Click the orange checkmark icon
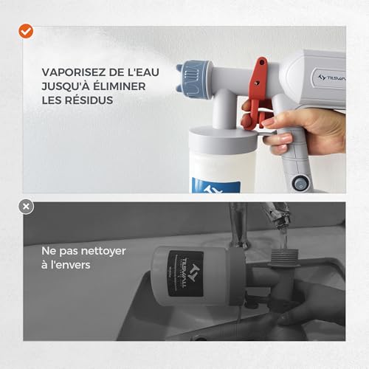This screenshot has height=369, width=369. (x=26, y=31)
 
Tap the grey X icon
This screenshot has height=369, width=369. (x=27, y=207)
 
